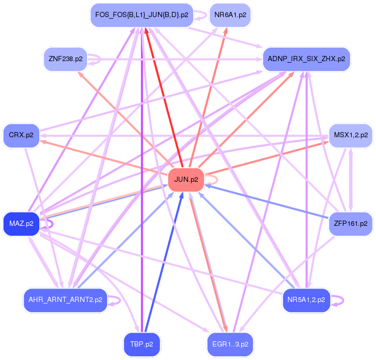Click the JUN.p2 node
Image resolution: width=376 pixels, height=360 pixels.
click(186, 180)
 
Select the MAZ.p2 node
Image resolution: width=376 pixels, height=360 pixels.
click(21, 224)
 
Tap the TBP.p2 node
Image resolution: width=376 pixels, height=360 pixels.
click(142, 344)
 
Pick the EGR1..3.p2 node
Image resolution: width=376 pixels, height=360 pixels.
click(230, 344)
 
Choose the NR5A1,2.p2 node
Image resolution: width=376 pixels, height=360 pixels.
click(306, 300)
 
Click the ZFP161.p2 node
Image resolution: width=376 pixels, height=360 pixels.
click(351, 224)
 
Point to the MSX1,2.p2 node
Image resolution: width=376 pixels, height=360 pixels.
click(351, 136)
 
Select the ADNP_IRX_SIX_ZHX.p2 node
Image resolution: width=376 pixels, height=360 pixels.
click(307, 59)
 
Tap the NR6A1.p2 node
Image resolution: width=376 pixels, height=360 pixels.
click(230, 15)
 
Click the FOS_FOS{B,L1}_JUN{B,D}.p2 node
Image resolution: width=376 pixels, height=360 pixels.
click(142, 15)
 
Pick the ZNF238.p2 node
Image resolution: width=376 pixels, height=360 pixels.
click(65, 59)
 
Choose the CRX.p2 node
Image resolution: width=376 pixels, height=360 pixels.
click(21, 136)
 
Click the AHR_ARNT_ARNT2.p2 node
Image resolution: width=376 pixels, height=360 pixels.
click(65, 300)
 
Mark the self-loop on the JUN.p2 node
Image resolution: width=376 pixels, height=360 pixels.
click(217, 180)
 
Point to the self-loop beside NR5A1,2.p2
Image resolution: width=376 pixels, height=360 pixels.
click(343, 300)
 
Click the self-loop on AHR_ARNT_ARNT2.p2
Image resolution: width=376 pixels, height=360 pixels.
click(120, 300)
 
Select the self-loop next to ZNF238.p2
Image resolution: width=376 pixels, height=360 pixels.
click(100, 59)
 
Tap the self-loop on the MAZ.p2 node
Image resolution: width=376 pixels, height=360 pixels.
click(52, 224)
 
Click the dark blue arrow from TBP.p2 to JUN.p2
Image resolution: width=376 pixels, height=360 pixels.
click(164, 262)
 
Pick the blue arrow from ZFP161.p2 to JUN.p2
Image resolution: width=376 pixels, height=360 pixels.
click(267, 201)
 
